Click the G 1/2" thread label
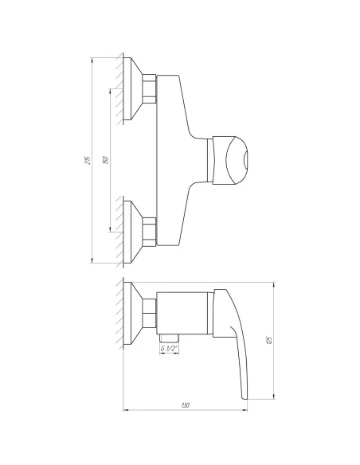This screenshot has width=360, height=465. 168,349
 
